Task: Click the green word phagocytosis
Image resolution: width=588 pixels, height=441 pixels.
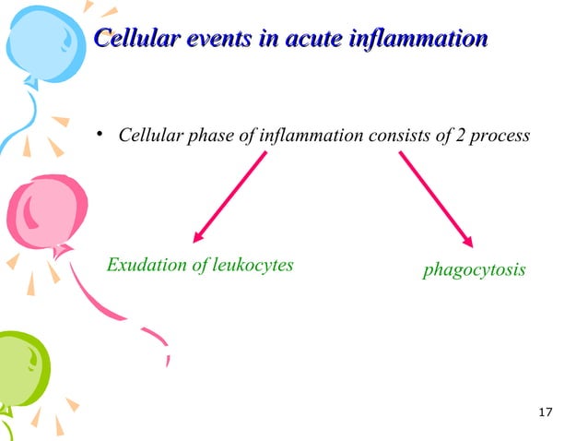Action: (x=474, y=270)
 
